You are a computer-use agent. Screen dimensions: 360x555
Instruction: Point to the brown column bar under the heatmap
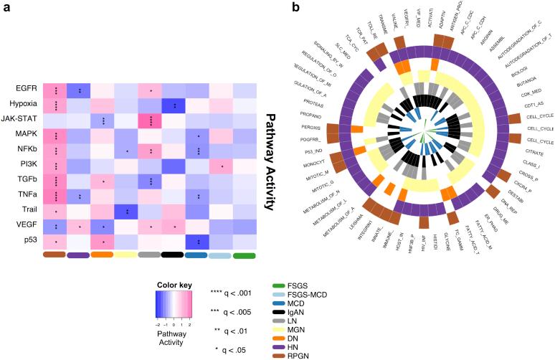click(x=54, y=255)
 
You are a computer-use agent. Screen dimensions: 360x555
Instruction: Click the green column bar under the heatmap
click(x=245, y=255)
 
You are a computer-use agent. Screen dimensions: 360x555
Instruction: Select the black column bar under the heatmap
click(x=173, y=255)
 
